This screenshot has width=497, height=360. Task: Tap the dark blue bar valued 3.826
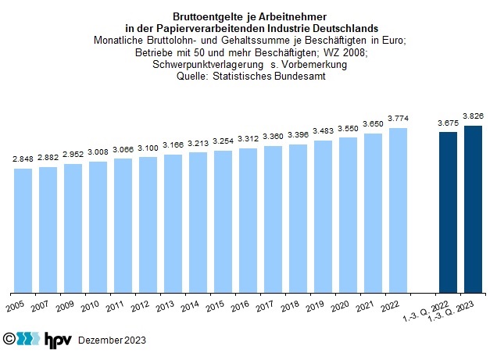point(473,208)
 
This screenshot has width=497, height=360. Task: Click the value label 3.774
point(398,119)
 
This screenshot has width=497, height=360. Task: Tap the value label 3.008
point(98,153)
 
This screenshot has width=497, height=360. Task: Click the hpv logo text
point(58,340)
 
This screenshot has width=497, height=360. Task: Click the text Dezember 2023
point(112,340)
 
